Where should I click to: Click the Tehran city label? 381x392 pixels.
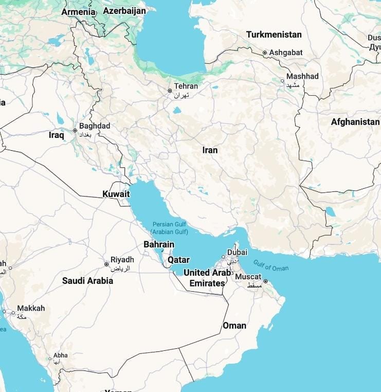186,86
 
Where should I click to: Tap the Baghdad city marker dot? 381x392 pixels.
75,131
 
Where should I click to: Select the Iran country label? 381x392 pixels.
210,150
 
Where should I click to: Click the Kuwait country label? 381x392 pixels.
116,194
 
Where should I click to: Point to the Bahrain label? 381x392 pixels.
159,244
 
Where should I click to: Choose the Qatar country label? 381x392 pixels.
178,260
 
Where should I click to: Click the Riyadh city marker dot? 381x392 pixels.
106,264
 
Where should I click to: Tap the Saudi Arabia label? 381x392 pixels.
87,281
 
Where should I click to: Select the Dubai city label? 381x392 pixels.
237,253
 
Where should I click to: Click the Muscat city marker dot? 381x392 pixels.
265,281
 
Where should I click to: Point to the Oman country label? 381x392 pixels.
234,326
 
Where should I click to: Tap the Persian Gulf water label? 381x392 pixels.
169,228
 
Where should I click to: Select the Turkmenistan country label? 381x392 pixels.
274,34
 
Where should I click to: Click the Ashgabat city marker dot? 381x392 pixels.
265,52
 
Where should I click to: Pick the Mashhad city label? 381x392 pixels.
302,76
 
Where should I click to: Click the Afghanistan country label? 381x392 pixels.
355,122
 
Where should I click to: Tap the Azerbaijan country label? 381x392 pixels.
124,10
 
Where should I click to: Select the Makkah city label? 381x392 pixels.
31,308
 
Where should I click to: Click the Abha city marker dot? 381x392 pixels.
50,359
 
